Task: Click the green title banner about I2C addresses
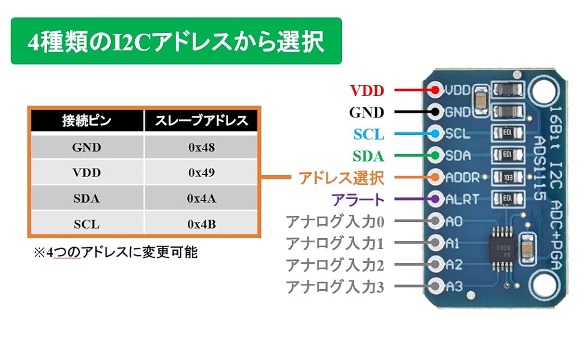coord(176,41)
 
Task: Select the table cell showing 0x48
coord(201,147)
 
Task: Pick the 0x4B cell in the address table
coord(201,225)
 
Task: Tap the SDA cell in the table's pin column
coord(86,199)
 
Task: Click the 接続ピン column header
coord(86,121)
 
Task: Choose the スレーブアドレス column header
coord(201,121)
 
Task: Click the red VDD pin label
coord(367,91)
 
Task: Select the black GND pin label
coord(366,112)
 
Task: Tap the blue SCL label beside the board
coord(368,134)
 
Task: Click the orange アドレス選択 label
coord(341,178)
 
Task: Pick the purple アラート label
coord(358,200)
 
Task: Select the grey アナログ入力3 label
coord(334,287)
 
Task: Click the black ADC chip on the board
coord(500,245)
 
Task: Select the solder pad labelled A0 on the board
coord(436,221)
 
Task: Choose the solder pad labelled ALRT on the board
coord(436,200)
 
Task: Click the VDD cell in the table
coord(86,173)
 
